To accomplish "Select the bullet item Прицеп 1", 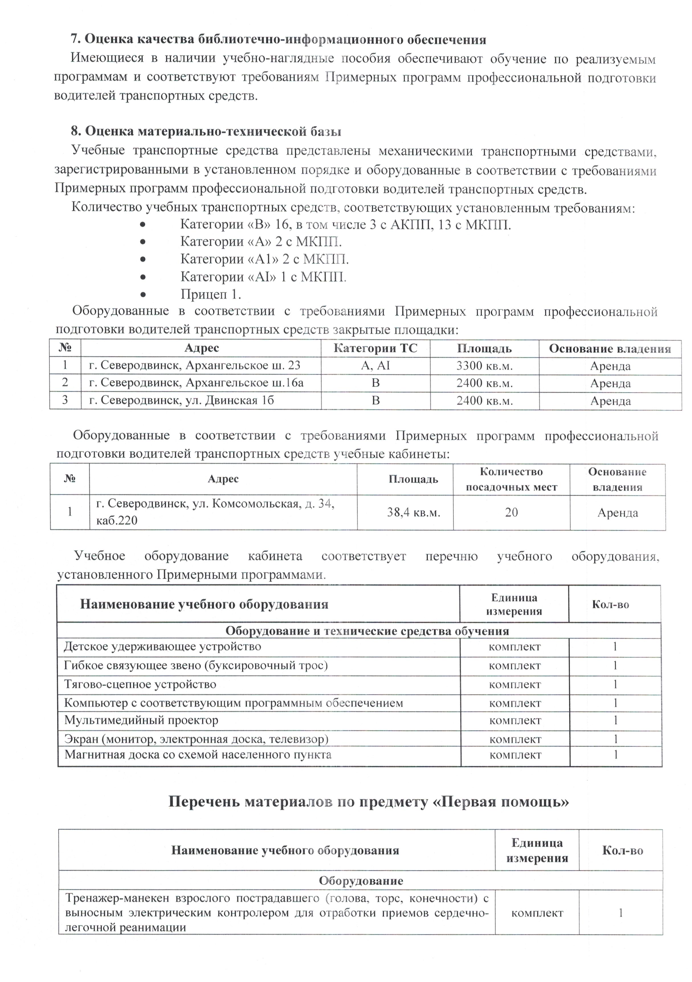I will click(211, 294).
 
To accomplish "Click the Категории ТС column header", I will click(375, 348).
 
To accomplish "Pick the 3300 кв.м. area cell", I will click(484, 366).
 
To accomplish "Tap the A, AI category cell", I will click(375, 366).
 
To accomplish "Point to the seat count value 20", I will click(511, 512).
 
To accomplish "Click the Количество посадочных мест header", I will click(511, 479).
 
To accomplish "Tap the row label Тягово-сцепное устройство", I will click(140, 684).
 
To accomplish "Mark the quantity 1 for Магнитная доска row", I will click(615, 755).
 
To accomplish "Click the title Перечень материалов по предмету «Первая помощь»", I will click(368, 802).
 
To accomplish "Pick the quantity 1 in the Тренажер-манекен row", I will click(620, 913).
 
